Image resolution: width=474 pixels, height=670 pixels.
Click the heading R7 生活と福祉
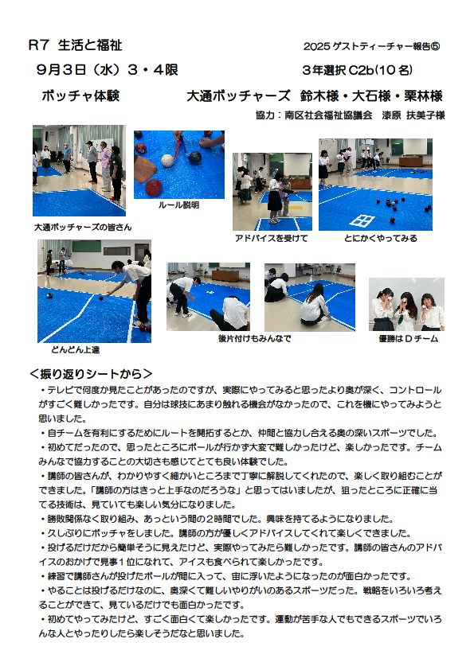pos(76,45)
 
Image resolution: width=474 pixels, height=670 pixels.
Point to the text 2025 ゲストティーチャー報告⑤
pos(372,46)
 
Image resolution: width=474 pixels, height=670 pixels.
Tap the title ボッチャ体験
pos(80,95)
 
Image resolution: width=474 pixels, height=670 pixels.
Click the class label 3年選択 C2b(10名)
pos(357,70)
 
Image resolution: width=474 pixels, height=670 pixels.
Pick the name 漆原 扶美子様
pos(413,115)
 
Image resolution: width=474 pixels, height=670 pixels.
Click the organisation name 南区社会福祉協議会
pos(328,115)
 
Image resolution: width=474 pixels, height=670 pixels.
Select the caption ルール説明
pos(178,205)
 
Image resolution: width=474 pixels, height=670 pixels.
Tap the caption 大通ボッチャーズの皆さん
pos(83,228)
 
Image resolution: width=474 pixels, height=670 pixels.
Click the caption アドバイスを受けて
pos(271,239)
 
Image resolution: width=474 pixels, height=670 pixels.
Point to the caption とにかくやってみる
pos(381,239)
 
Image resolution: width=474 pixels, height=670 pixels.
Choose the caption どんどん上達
pos(76,349)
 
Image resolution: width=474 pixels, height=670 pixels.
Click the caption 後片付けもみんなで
pos(255,338)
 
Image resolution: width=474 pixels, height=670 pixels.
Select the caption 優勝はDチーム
pos(409,339)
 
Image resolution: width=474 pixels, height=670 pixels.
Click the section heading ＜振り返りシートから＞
pos(91,374)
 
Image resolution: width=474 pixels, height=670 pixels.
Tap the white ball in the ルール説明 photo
pos(167,160)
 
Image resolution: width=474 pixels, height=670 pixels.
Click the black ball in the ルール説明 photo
pos(194,158)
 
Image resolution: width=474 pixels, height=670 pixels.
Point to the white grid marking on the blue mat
pos(362,220)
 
